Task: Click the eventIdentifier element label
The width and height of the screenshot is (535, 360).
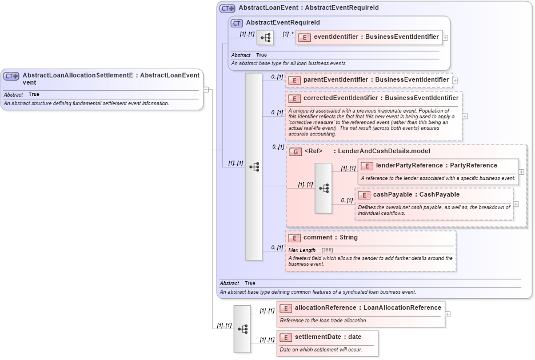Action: coord(376,37)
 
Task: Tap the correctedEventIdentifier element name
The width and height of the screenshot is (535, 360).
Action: coord(381,98)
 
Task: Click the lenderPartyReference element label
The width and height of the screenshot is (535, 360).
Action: coord(436,166)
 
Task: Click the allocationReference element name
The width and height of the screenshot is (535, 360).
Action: coord(368,308)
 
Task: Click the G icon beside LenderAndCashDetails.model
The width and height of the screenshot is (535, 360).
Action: coord(296,152)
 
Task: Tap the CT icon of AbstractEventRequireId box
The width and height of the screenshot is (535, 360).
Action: coord(237,23)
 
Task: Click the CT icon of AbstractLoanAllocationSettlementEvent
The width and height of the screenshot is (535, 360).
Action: coord(11,76)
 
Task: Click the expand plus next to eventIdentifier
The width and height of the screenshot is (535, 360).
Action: coord(446,37)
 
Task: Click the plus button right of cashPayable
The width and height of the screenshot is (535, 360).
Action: coord(516,204)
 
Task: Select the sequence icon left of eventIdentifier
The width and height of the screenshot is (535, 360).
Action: coord(265,38)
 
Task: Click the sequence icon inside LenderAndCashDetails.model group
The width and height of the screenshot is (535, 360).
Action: coord(323,188)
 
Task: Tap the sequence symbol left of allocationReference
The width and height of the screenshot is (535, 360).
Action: coord(242,329)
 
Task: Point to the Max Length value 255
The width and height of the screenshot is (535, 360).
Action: coord(327,250)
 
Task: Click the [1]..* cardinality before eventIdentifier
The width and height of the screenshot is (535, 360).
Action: coord(288,34)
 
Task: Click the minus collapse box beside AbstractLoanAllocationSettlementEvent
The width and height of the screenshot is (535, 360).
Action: coord(206,89)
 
